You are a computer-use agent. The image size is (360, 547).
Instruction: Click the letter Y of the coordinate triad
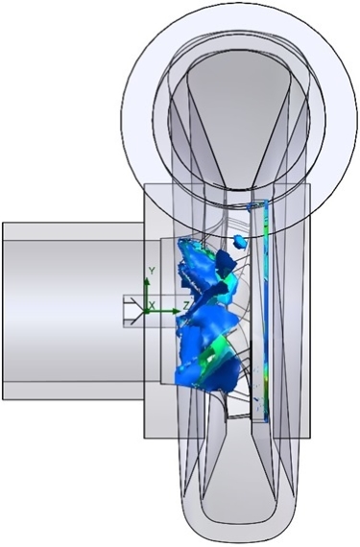[x=152, y=271]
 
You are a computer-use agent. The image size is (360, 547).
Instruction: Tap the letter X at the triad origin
[x=152, y=306]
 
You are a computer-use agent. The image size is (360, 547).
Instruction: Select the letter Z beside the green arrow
[x=186, y=306]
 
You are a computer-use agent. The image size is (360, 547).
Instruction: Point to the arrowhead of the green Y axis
[x=147, y=282]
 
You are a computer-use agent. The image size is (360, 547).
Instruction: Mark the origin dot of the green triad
[x=147, y=311]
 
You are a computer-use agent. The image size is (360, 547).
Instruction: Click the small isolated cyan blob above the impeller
[x=240, y=242]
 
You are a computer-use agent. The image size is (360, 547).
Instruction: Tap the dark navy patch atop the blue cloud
[x=226, y=261]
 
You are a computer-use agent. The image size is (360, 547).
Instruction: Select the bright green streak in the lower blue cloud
[x=214, y=352]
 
